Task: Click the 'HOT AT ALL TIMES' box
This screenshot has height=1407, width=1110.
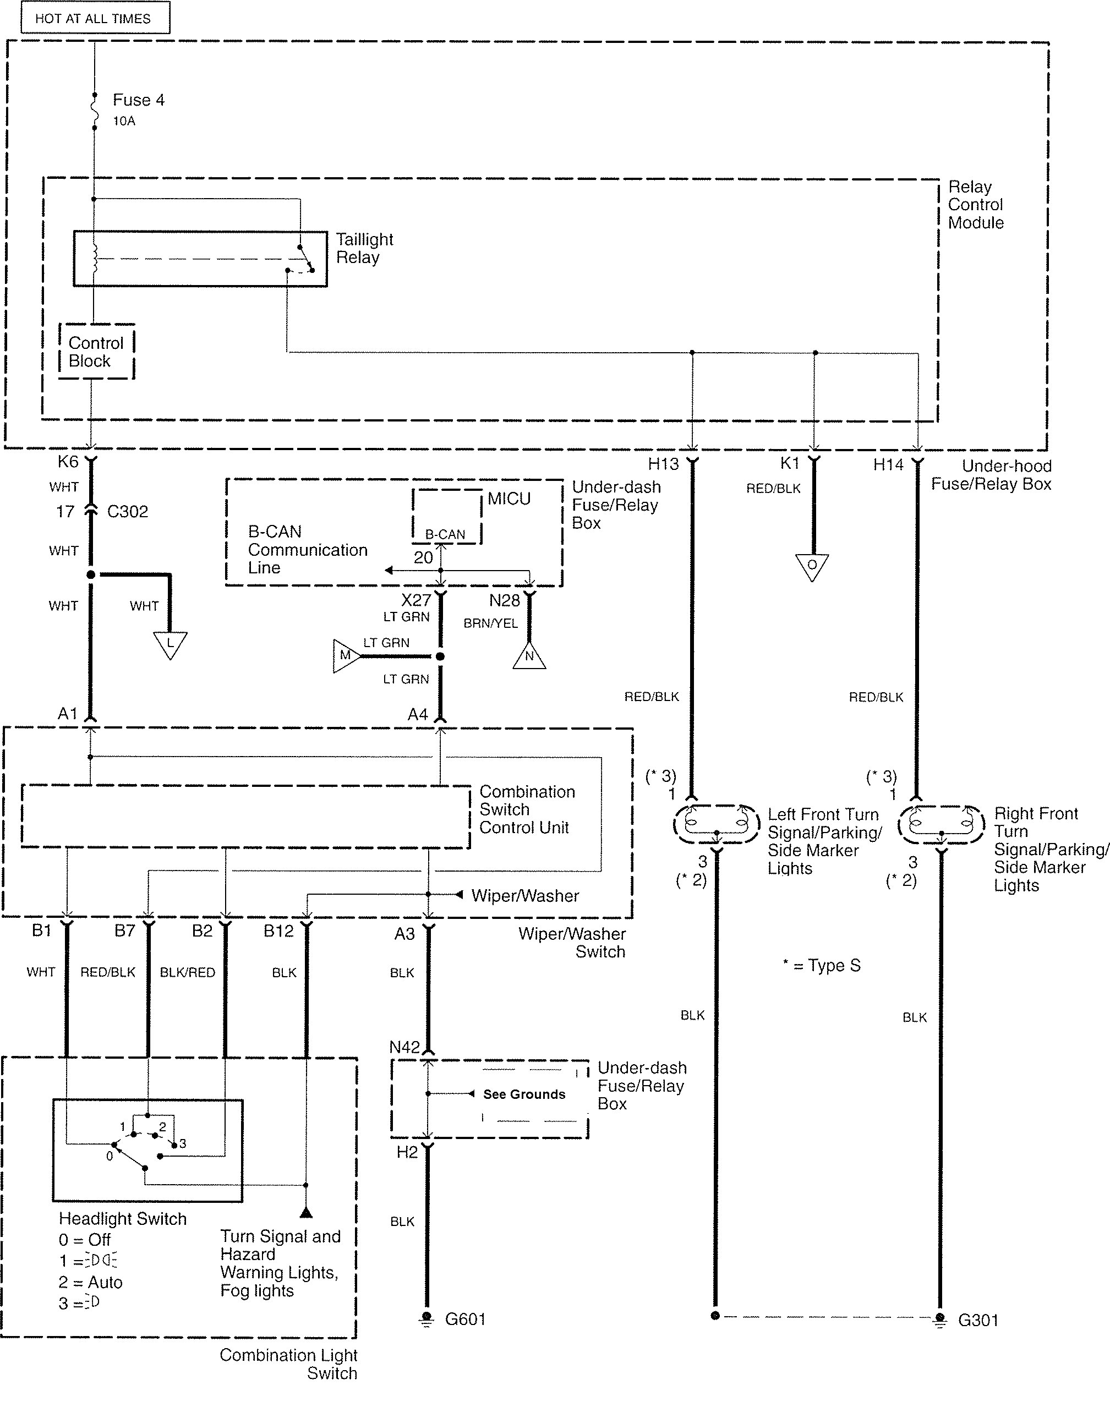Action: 95,18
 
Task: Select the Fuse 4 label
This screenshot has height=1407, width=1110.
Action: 139,100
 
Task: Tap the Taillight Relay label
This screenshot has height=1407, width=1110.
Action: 364,248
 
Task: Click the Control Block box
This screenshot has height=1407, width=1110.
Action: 96,352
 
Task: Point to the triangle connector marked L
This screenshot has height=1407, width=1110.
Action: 170,644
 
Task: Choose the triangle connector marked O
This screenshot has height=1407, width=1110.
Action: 812,566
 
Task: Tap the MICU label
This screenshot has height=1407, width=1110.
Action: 509,499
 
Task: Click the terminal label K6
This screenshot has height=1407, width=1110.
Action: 68,462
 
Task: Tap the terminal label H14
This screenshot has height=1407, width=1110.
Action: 888,464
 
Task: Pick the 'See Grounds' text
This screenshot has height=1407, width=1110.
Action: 524,1094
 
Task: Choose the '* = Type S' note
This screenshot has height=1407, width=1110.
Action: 822,965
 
